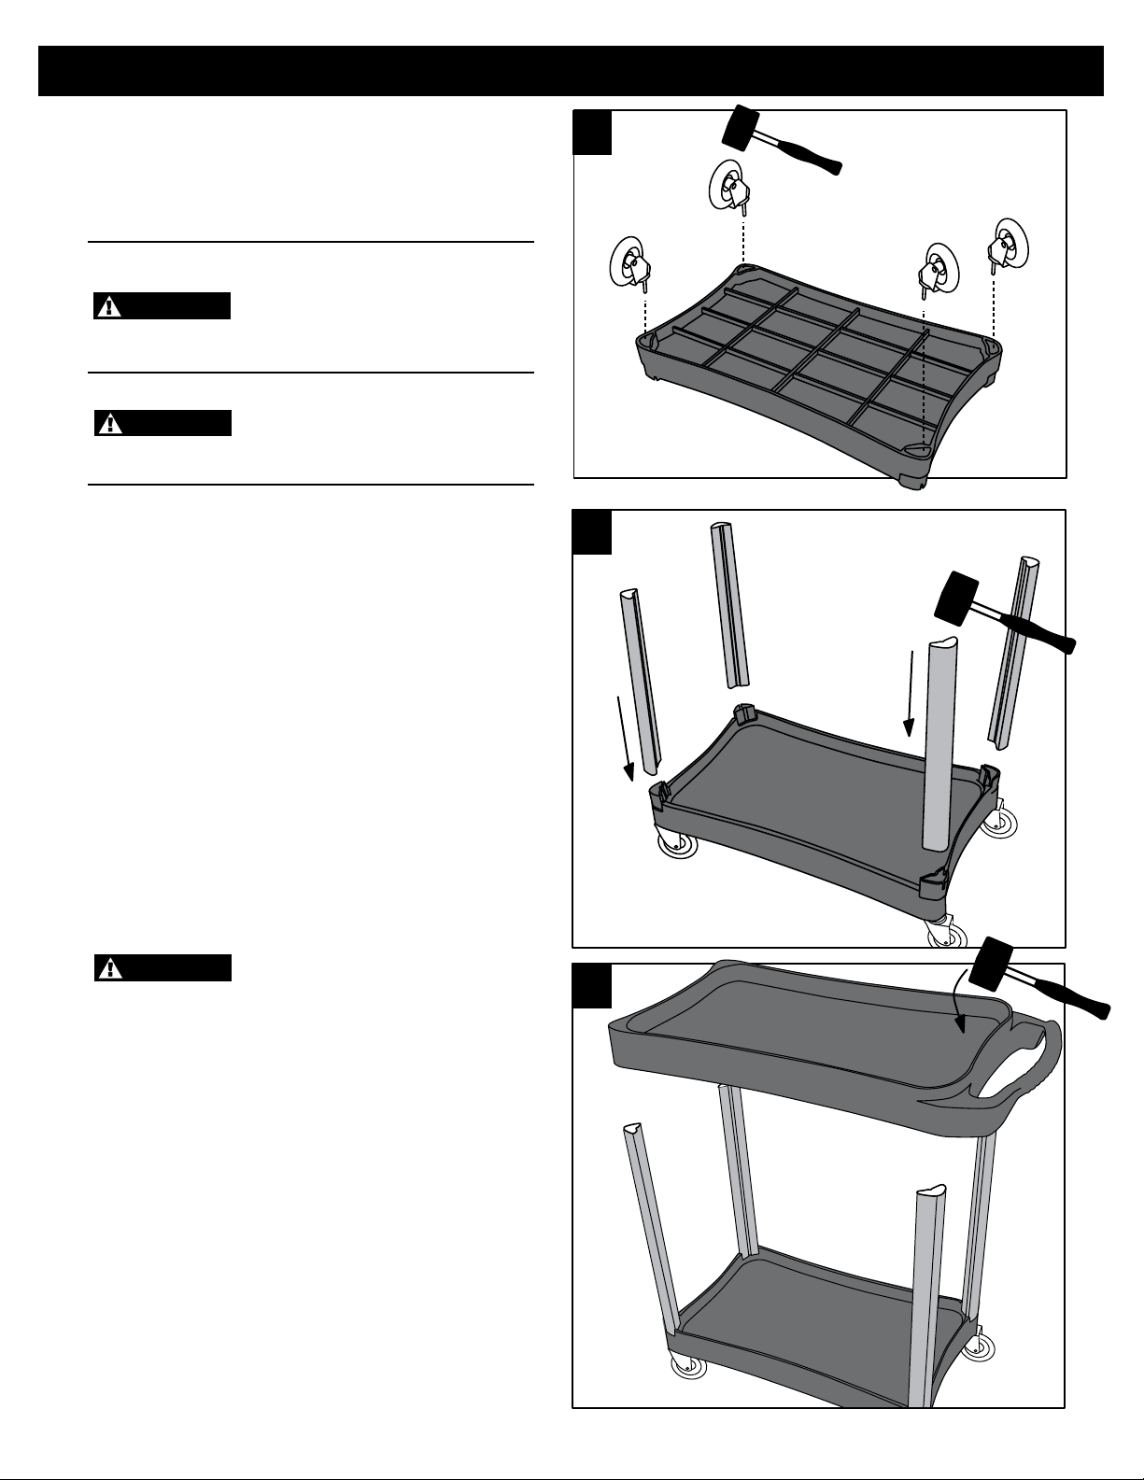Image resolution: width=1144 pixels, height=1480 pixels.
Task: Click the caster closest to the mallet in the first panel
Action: (x=728, y=186)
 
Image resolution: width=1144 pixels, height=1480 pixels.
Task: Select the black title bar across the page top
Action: (x=571, y=70)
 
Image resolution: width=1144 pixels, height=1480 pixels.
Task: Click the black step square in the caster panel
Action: (x=593, y=132)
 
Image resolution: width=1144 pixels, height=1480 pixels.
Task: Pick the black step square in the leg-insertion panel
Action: (x=593, y=531)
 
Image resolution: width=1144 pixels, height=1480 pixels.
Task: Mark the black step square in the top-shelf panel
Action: (x=592, y=985)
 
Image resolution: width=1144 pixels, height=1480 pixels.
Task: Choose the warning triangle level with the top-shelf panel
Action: (x=111, y=968)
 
